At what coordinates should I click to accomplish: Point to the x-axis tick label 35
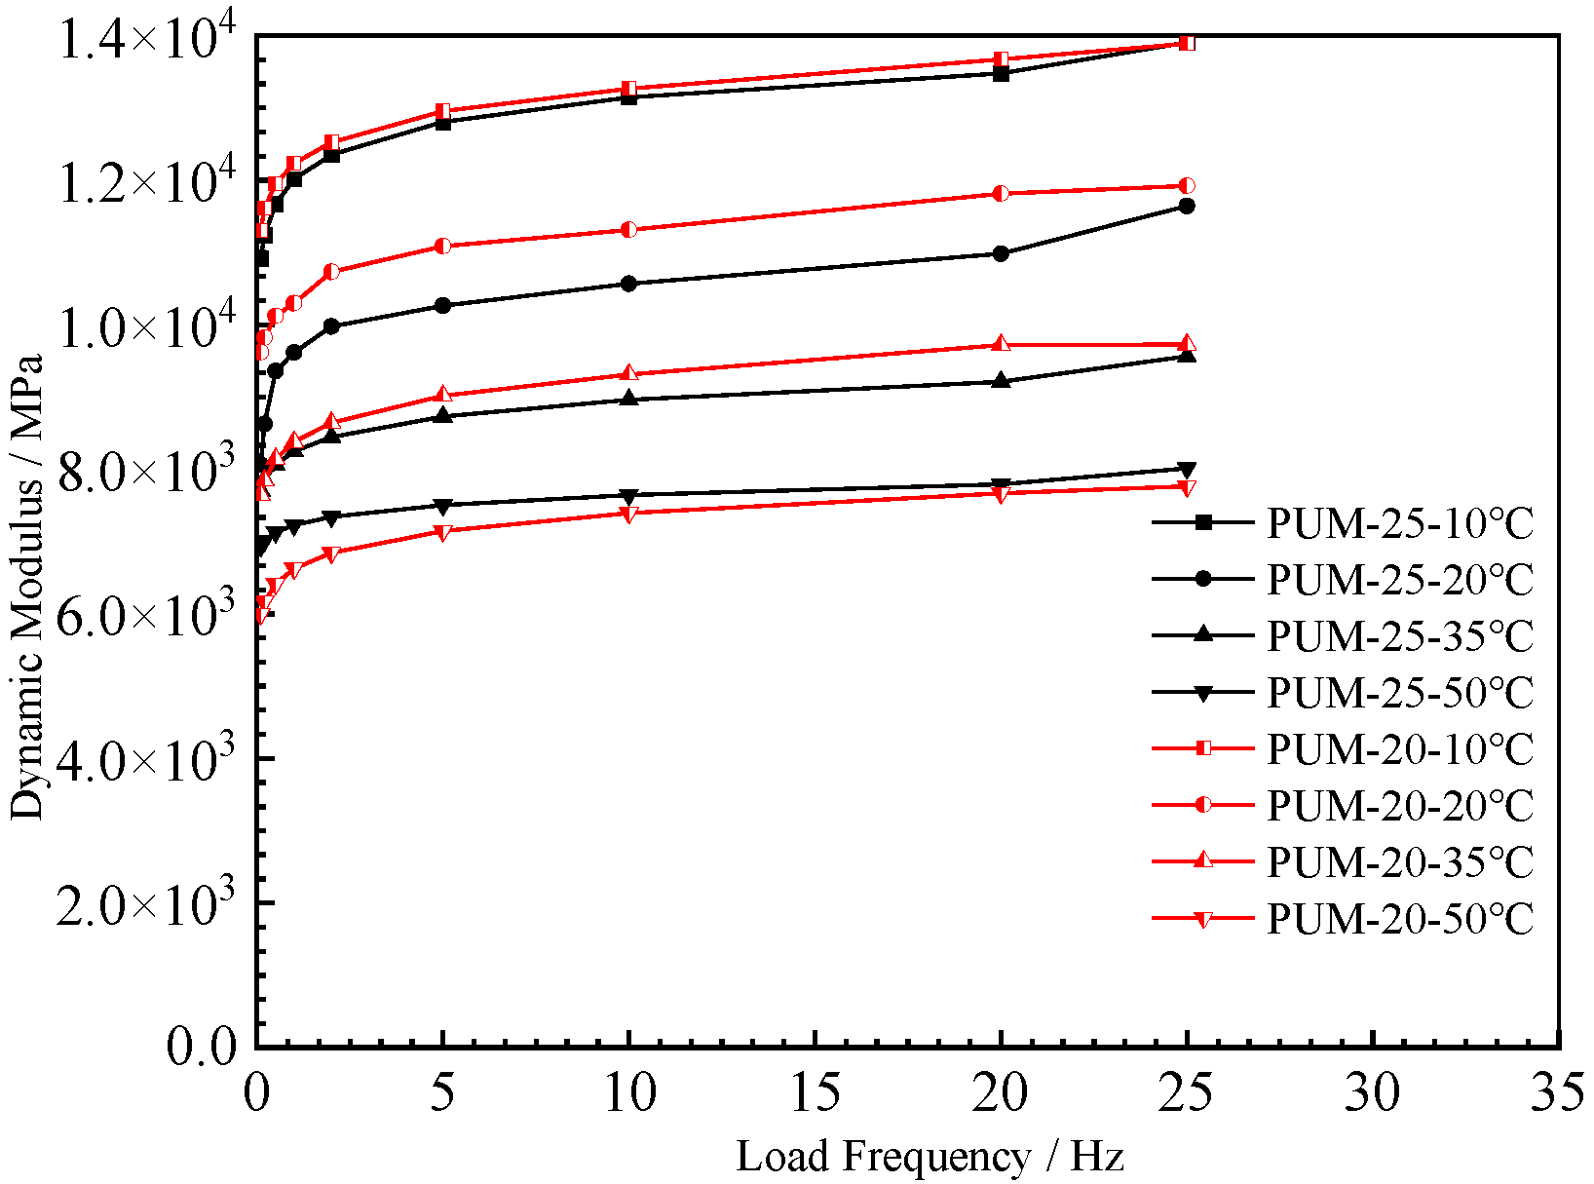click(x=1557, y=1092)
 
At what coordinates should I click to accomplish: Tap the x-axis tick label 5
click(x=442, y=1092)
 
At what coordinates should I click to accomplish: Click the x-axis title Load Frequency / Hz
click(x=930, y=1157)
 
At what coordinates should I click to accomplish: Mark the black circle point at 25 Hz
click(x=1187, y=206)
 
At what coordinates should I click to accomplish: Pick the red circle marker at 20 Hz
click(x=1001, y=193)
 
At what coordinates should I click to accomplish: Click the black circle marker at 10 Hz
click(x=628, y=284)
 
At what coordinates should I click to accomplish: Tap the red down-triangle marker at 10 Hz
click(x=628, y=514)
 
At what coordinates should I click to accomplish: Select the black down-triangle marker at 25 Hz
click(x=1187, y=470)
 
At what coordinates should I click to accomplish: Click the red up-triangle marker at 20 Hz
click(x=1001, y=344)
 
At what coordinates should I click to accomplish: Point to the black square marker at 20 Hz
click(x=1001, y=73)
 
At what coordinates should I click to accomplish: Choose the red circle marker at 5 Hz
click(x=442, y=246)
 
